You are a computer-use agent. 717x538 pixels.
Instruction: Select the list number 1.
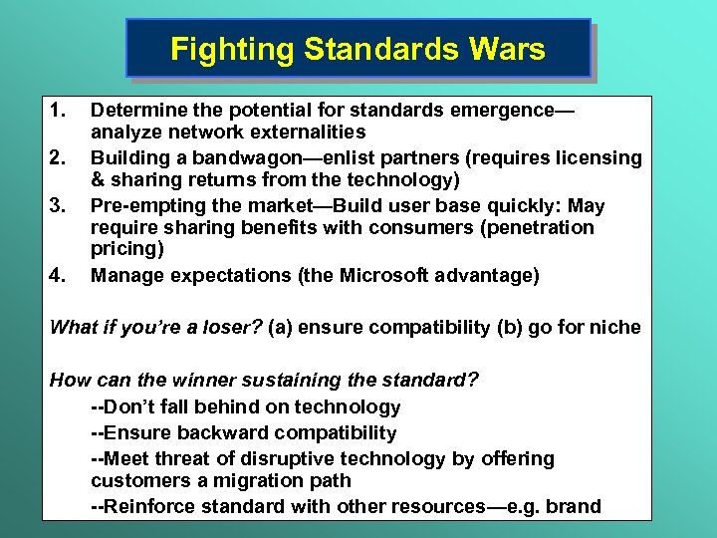(x=59, y=108)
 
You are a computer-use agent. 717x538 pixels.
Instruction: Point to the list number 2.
(x=59, y=156)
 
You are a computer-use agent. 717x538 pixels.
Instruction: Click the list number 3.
(x=59, y=204)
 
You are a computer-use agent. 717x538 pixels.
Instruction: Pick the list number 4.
(x=59, y=275)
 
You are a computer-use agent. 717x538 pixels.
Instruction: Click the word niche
(x=616, y=327)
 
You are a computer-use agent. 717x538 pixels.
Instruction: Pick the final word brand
(x=575, y=506)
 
